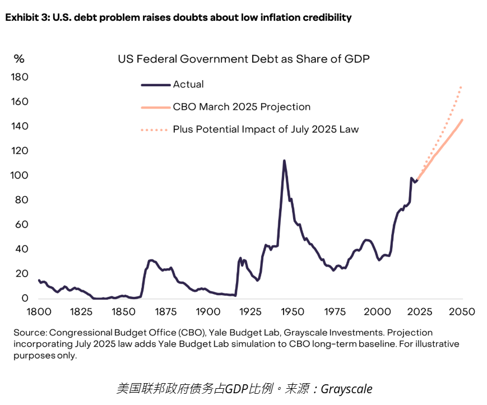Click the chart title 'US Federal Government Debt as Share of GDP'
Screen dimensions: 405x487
(x=243, y=59)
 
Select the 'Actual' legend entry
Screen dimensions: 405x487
(x=188, y=85)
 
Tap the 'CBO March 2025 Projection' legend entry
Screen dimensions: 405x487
(x=242, y=107)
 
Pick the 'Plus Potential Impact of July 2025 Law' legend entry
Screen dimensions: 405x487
(x=266, y=129)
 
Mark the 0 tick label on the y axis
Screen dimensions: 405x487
(x=25, y=299)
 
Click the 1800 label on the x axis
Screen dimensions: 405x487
(x=39, y=311)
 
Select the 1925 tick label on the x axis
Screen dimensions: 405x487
(x=250, y=311)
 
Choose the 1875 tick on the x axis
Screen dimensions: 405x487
(x=165, y=311)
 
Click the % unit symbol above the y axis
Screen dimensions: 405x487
(x=19, y=58)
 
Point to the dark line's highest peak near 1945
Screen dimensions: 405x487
(x=284, y=161)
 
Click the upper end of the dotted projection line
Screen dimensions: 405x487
(x=461, y=86)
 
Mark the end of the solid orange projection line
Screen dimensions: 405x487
(x=462, y=120)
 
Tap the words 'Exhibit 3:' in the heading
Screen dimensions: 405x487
(x=27, y=17)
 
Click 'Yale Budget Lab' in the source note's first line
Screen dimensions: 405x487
(x=231, y=333)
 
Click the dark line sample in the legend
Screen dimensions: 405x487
(x=155, y=85)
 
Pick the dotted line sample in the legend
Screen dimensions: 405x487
(x=155, y=129)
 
